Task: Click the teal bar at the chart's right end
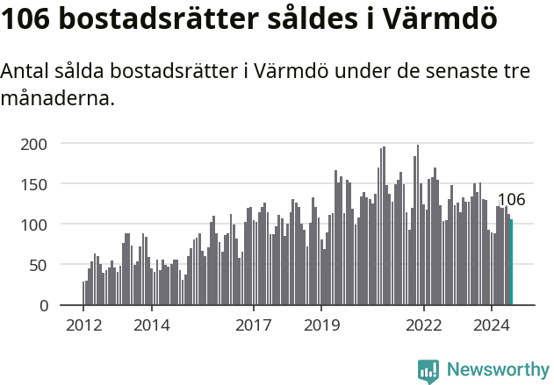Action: (511, 262)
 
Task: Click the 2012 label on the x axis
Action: (83, 324)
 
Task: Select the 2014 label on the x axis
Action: (151, 324)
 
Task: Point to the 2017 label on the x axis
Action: (254, 324)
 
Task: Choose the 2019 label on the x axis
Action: (321, 324)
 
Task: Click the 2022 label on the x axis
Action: (424, 324)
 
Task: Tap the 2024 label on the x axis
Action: (492, 324)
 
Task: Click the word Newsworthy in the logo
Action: (497, 370)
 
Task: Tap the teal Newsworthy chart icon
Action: (428, 371)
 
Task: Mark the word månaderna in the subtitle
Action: (57, 98)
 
